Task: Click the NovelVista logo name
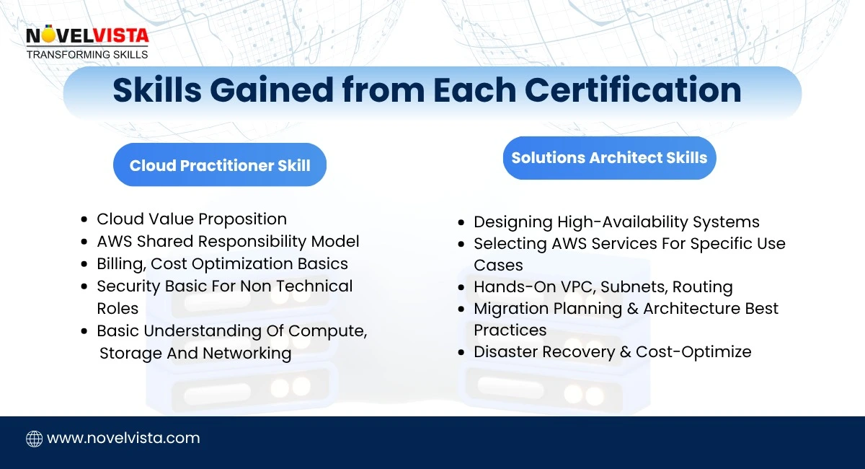[x=86, y=35]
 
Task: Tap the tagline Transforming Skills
[x=87, y=54]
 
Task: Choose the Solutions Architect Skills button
[x=609, y=158]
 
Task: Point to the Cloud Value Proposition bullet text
[x=192, y=219]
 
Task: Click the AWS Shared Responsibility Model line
[x=228, y=241]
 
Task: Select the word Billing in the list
[x=120, y=263]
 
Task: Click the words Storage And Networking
[x=195, y=353]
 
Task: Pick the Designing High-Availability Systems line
[x=616, y=222]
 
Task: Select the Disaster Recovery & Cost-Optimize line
[x=612, y=351]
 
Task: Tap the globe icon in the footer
[x=34, y=438]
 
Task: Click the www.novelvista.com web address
[x=123, y=438]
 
